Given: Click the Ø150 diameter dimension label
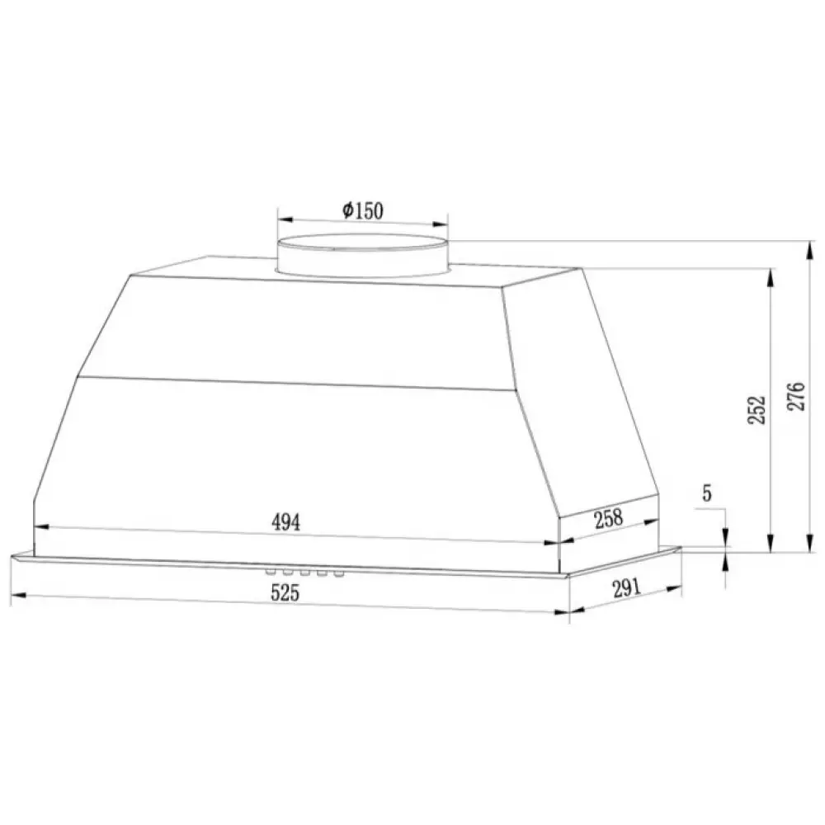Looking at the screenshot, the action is point(362,210).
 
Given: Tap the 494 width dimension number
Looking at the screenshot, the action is point(285,522).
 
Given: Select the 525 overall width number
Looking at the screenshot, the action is point(285,592).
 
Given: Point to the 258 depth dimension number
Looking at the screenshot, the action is point(608,518).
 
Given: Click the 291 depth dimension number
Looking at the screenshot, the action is point(626,587).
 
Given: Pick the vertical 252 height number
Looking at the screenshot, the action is point(757,410).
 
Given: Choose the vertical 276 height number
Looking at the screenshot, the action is point(795,396).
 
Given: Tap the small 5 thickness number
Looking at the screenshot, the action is point(707,493).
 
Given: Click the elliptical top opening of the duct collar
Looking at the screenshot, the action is point(362,243).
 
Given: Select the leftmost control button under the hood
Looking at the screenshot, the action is point(271,571).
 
